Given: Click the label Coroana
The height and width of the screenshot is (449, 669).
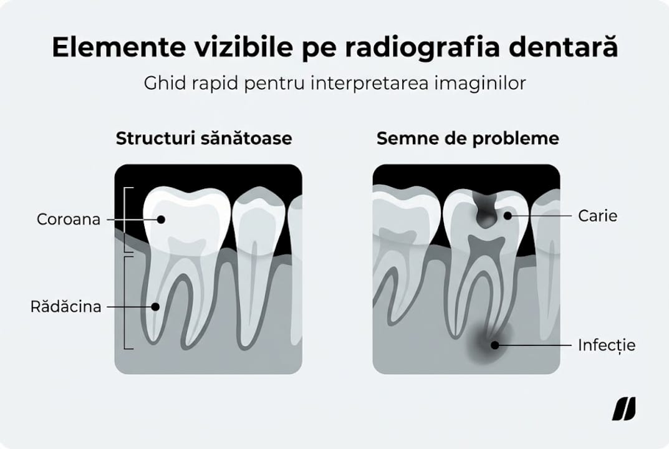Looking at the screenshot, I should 68,220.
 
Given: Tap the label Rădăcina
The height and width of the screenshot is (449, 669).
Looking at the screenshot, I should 65,307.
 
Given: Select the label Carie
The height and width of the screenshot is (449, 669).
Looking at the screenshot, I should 597,216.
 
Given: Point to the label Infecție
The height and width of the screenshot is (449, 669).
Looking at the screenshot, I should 607,344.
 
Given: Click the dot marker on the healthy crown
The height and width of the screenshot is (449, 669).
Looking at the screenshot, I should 161,220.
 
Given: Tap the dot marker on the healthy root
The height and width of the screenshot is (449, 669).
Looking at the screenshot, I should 156,307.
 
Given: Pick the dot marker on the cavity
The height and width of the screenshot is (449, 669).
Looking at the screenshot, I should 508,216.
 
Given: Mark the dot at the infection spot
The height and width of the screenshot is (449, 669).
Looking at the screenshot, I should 494,344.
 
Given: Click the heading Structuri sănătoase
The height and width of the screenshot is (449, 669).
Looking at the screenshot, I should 203,138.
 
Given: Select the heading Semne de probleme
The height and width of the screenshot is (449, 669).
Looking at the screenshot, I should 467,138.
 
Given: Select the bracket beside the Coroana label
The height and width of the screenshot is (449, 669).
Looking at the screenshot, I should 127,220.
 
